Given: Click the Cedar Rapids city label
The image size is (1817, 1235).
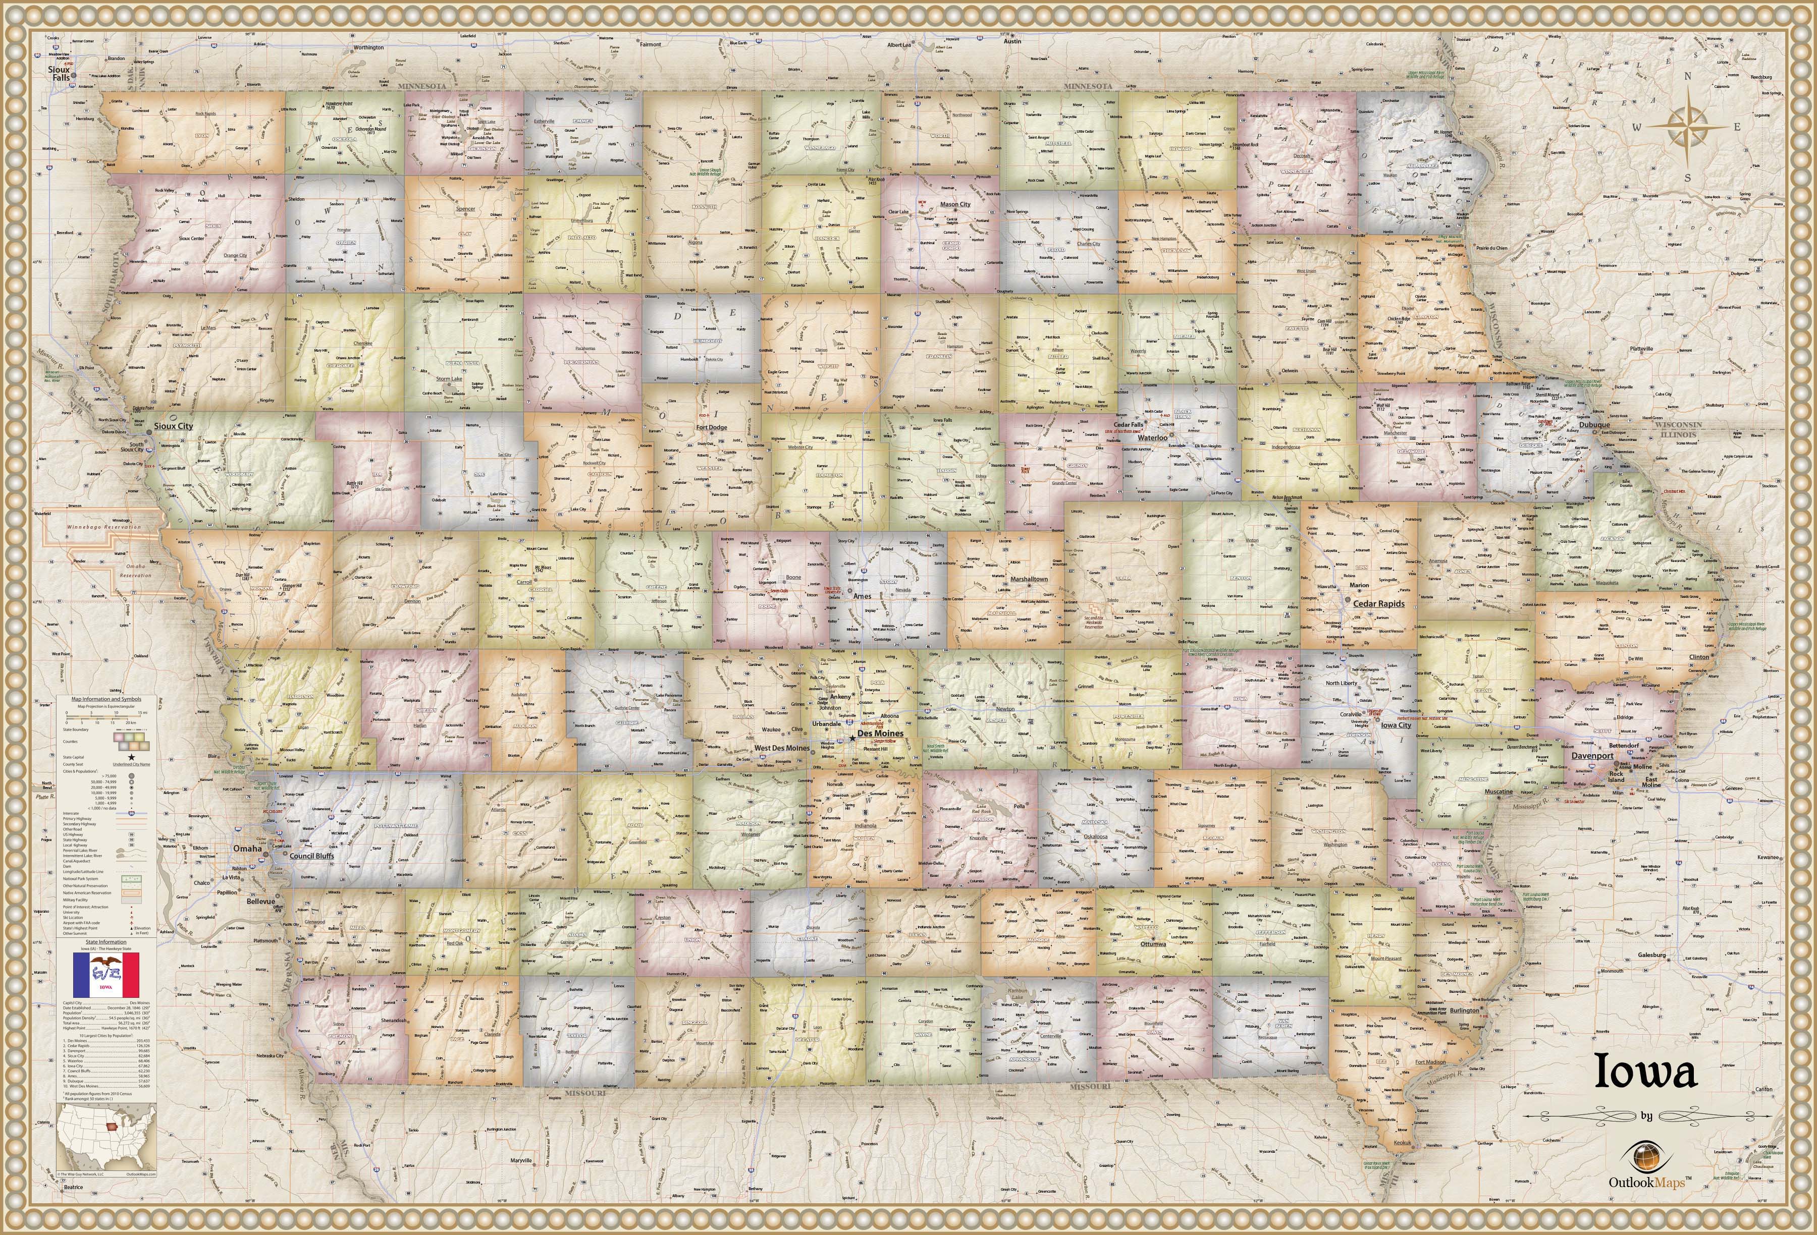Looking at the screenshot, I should tap(1378, 603).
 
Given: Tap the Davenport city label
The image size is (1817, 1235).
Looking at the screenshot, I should tap(1592, 756).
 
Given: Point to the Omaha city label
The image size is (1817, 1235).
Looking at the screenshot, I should tap(248, 848).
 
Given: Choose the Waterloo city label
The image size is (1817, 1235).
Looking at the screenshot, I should tap(1152, 438).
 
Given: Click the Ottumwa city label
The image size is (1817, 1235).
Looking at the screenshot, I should tap(1152, 943).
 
